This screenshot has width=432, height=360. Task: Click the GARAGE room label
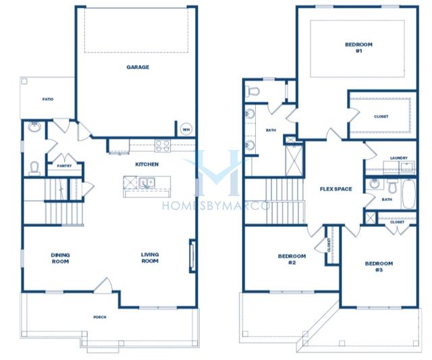click(x=138, y=67)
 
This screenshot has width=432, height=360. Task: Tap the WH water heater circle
click(x=186, y=130)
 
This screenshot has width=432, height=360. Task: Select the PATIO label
click(x=48, y=99)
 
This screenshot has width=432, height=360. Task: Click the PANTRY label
click(x=65, y=166)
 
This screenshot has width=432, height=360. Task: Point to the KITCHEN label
click(x=147, y=164)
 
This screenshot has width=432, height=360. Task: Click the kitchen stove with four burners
click(x=163, y=145)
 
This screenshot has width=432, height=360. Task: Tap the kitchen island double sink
click(x=147, y=183)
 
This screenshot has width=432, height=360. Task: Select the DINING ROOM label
click(x=60, y=258)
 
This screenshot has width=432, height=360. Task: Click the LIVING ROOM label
click(x=150, y=258)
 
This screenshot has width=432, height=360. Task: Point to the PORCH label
click(x=100, y=317)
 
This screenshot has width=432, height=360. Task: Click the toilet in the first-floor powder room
click(x=34, y=168)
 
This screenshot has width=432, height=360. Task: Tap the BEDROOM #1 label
click(x=358, y=48)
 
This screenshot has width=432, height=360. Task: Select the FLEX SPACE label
click(x=336, y=189)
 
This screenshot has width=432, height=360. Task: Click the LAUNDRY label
click(x=399, y=158)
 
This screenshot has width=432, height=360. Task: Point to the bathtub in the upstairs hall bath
click(x=408, y=194)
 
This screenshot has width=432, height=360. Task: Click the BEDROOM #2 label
click(x=292, y=259)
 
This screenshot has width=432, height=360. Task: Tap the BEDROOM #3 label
click(x=379, y=267)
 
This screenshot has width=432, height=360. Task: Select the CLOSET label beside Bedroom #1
click(x=381, y=117)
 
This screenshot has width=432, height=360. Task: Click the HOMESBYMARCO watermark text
click(x=216, y=205)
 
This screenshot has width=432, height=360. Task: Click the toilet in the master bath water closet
click(x=252, y=91)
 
